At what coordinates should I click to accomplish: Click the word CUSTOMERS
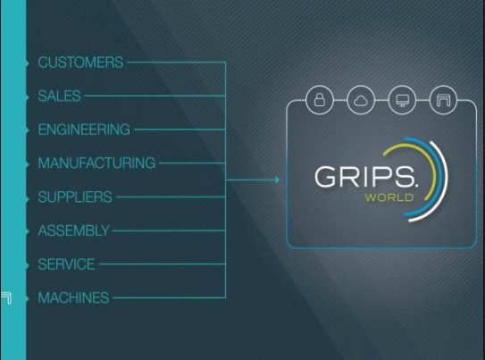[x=80, y=63]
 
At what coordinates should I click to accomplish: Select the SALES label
[x=59, y=96]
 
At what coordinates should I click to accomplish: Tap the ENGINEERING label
[x=84, y=130]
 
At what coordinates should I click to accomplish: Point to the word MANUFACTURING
[x=96, y=163]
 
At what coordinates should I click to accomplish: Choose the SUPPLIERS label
[x=75, y=197]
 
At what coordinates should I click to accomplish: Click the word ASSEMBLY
[x=73, y=230]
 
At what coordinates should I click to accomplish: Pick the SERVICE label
[x=66, y=264]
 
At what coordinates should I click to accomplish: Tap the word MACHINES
[x=73, y=297]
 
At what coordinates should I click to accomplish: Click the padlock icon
[x=320, y=100]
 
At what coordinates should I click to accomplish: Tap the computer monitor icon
[x=402, y=100]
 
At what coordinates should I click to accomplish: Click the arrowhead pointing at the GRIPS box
[x=277, y=180]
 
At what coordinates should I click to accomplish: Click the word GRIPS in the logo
[x=366, y=177]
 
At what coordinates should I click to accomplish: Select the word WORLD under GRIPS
[x=389, y=197]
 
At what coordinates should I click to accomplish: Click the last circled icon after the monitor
[x=443, y=100]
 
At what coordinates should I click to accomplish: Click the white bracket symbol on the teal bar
[x=7, y=297]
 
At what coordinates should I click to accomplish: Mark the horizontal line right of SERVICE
[x=163, y=264]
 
